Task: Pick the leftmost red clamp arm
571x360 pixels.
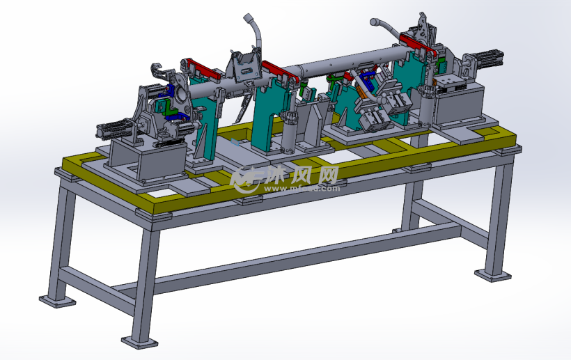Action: pos(198,68)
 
